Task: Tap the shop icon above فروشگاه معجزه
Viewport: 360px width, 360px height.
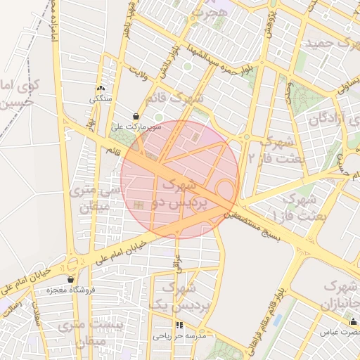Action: [x=70, y=279]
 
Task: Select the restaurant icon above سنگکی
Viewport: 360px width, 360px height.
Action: [x=100, y=89]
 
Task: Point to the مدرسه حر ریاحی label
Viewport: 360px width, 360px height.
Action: [x=179, y=336]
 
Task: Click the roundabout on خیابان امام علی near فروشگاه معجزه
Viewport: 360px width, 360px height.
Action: [x=72, y=264]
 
